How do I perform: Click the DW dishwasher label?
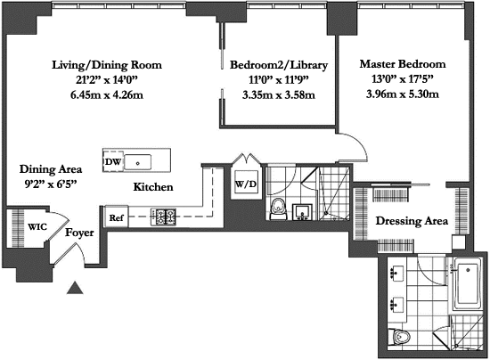tap(113, 161)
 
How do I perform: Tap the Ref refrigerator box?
tap(116, 217)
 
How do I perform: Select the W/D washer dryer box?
tap(246, 184)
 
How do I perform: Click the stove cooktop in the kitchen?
tap(163, 217)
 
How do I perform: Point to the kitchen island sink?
tap(137, 162)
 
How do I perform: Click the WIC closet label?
tap(37, 226)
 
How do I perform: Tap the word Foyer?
tap(79, 233)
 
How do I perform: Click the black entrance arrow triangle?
tap(75, 288)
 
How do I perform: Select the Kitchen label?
tap(153, 187)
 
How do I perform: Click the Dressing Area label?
tap(412, 221)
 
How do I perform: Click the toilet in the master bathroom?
tap(399, 337)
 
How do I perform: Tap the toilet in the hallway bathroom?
tap(278, 209)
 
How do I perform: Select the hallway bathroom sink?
tap(302, 212)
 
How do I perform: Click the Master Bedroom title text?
tap(403, 64)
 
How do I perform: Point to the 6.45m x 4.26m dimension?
tap(107, 94)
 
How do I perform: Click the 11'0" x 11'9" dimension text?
tap(279, 80)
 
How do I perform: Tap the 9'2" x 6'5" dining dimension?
tap(51, 184)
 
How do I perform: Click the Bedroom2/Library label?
tap(279, 65)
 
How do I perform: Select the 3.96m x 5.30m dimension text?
tap(403, 94)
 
